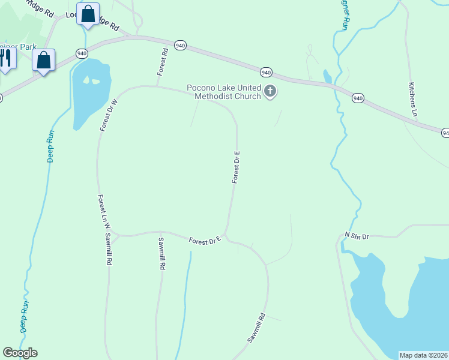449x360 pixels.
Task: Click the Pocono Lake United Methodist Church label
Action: click(x=224, y=92)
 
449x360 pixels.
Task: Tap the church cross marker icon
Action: click(x=270, y=92)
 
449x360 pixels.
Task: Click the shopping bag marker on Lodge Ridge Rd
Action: click(x=88, y=14)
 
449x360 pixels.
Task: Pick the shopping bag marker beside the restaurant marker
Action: click(x=44, y=61)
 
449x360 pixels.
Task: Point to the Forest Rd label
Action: click(x=163, y=62)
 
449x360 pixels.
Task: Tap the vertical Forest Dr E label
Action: click(x=237, y=166)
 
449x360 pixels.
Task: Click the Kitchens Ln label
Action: click(x=412, y=99)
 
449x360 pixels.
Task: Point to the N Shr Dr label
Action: click(x=357, y=236)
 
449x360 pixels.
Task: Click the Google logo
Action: click(x=20, y=353)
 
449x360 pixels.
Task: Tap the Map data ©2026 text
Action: click(x=423, y=355)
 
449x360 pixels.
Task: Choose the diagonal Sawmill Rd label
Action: click(x=256, y=328)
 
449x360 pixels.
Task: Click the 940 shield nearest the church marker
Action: click(x=267, y=72)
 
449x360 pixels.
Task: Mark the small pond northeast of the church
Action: click(x=327, y=77)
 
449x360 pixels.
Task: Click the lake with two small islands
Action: click(x=91, y=93)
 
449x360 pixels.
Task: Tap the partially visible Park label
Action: click(x=18, y=47)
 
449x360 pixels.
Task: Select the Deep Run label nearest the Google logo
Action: click(x=25, y=317)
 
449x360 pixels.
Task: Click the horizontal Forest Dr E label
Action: click(x=205, y=241)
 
